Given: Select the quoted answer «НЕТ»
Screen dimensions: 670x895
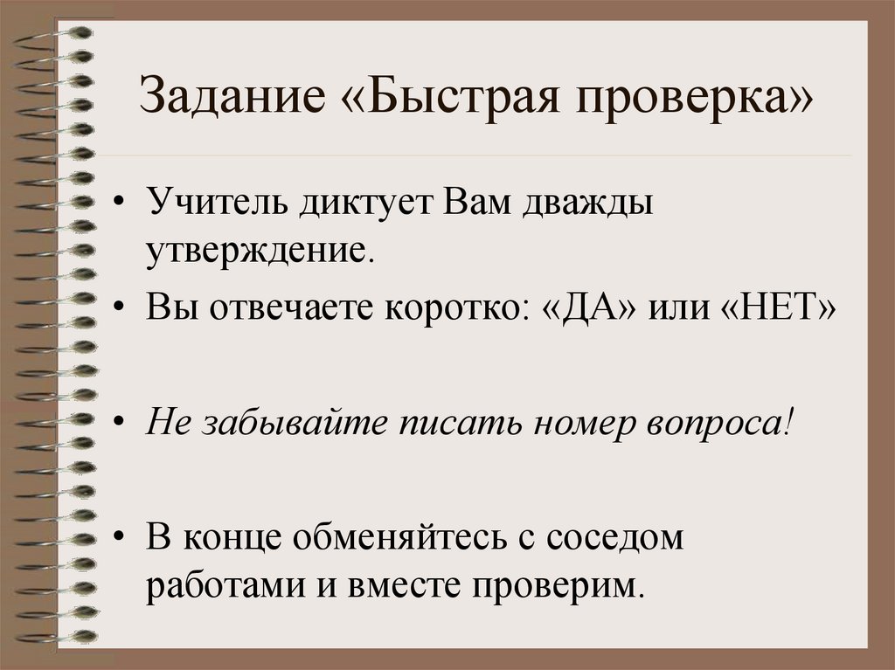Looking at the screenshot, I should pos(774,311).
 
